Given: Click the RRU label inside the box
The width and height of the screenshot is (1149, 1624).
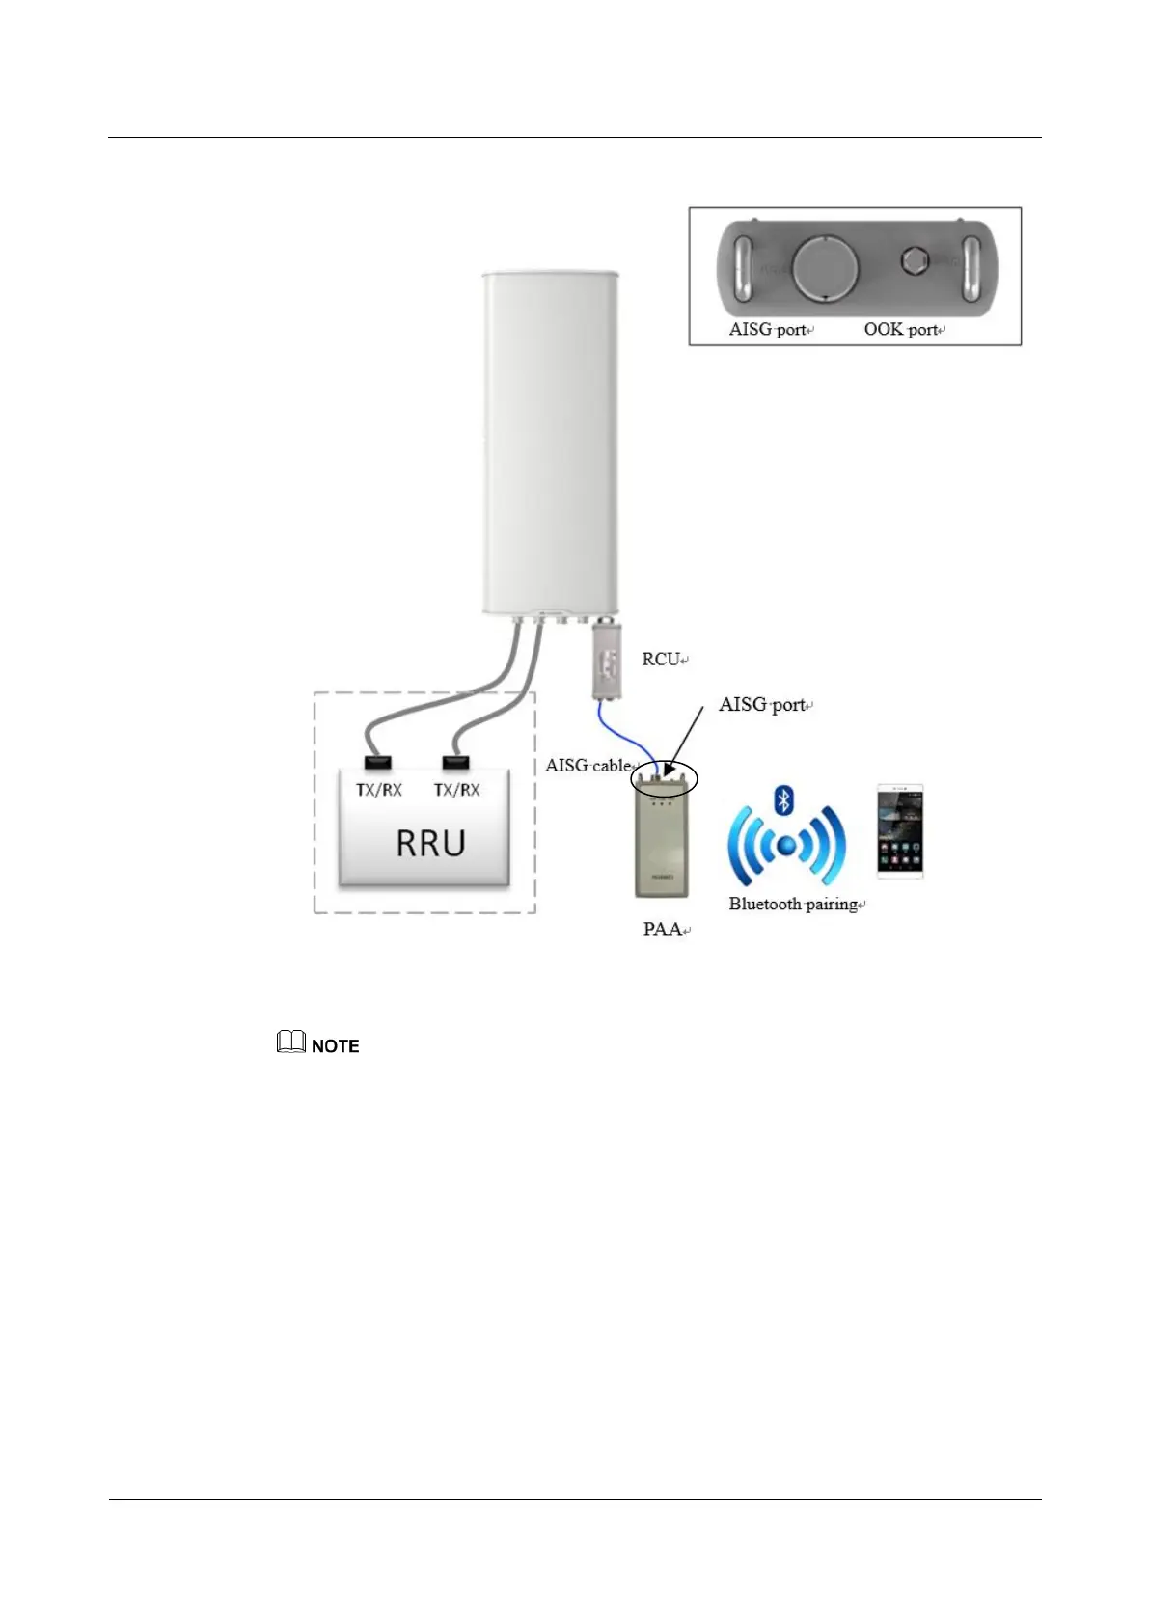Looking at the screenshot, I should click(x=430, y=844).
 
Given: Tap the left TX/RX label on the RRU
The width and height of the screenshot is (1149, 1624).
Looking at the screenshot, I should click(x=378, y=790).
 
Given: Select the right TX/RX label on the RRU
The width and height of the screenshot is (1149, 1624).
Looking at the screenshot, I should click(x=456, y=790).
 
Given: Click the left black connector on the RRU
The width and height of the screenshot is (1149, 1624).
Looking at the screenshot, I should click(x=377, y=763).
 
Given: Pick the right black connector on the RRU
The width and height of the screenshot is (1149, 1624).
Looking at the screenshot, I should click(x=455, y=763).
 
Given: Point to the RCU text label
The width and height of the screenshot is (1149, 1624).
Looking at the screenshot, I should click(x=662, y=660).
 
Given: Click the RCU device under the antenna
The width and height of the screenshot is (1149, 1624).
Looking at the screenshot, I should click(x=606, y=662).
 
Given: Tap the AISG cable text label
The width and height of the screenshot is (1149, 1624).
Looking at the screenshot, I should click(x=588, y=766).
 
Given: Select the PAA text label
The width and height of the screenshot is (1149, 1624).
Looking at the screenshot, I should click(x=663, y=930).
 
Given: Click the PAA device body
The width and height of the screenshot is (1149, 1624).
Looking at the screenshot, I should click(x=662, y=844).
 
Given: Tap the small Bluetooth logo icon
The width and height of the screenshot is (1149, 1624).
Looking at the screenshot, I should click(x=784, y=799).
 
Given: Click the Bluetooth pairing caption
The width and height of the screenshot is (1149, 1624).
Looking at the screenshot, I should click(x=793, y=905).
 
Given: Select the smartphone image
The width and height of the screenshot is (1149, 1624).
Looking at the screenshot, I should click(x=899, y=831).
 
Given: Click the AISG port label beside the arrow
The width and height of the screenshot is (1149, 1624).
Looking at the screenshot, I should click(x=762, y=705).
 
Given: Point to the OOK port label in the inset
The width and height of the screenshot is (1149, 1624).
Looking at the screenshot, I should click(x=901, y=330).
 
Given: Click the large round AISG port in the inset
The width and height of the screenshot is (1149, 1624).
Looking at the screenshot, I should click(x=825, y=267).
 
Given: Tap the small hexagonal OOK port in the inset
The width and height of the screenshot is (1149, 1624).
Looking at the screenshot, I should click(x=914, y=260).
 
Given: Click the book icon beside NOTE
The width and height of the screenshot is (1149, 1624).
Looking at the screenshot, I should click(x=290, y=1042).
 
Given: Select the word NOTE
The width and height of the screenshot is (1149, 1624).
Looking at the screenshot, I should click(x=335, y=1046).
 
